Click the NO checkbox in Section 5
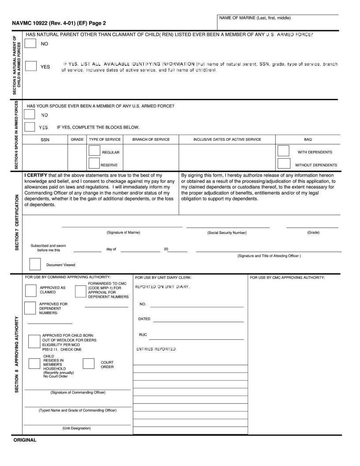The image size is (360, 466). [x=30, y=43]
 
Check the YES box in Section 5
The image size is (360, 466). [x=31, y=66]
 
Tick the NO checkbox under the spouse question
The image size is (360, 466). [x=30, y=115]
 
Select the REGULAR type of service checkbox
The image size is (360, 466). [x=94, y=150]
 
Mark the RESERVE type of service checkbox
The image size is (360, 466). [x=94, y=163]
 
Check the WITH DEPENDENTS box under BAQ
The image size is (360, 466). [x=283, y=150]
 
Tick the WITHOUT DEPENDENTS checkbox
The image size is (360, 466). [x=283, y=163]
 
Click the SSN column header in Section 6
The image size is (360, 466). [x=45, y=139]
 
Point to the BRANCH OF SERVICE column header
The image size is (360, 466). [x=151, y=139]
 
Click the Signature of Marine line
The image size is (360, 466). [x=122, y=226]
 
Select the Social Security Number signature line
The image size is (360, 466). [x=227, y=227]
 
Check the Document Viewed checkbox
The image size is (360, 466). [x=35, y=264]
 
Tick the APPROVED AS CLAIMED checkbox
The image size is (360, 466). [x=31, y=290]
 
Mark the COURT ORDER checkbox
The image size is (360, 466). [x=89, y=363]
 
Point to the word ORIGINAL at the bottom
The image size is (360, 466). [x=25, y=440]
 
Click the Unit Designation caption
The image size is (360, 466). [x=76, y=428]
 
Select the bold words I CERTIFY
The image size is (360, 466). [x=36, y=175]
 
